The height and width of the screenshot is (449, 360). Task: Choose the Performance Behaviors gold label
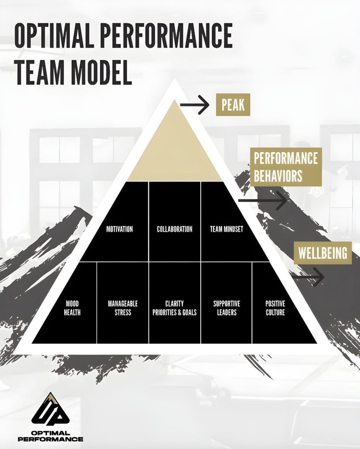(286, 167)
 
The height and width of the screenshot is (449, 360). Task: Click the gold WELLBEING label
(323, 253)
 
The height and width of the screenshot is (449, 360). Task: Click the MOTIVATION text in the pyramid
(119, 229)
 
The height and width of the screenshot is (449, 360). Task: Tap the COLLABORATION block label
(174, 229)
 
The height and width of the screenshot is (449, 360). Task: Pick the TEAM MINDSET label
(226, 229)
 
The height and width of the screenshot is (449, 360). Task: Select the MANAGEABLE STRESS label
(123, 308)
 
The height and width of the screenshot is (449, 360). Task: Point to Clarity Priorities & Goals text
(174, 308)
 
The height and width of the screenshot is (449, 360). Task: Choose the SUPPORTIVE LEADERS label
(226, 308)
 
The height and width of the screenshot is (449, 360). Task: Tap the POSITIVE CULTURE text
(275, 308)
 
